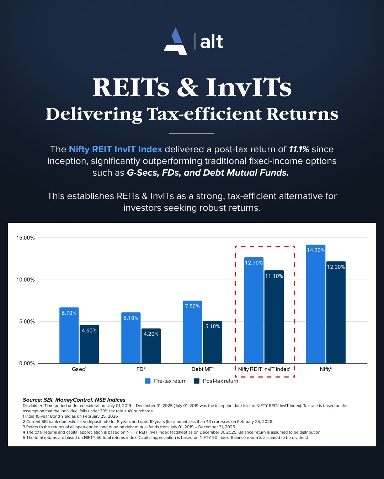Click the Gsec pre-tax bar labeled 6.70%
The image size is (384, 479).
click(x=69, y=335)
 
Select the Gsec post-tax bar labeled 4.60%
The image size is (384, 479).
click(x=89, y=344)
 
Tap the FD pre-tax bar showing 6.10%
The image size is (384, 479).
click(x=131, y=338)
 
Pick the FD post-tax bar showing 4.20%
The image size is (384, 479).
click(x=151, y=346)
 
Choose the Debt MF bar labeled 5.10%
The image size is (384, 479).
click(x=213, y=342)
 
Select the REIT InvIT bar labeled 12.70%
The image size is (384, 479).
click(x=254, y=310)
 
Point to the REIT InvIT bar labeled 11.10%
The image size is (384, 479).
click(x=274, y=317)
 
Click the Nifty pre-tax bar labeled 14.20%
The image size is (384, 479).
click(x=316, y=304)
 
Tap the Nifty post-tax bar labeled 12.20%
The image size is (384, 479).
click(x=336, y=312)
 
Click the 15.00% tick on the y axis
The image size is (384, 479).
click(x=26, y=238)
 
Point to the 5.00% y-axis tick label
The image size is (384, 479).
click(x=27, y=321)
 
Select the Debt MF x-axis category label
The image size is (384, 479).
click(x=202, y=369)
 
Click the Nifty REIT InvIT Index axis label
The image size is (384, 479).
click(x=264, y=369)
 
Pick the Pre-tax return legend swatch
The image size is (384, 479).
click(x=148, y=381)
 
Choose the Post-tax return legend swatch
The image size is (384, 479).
click(x=197, y=381)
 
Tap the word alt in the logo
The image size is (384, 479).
click(x=212, y=42)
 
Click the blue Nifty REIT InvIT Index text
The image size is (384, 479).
click(x=115, y=149)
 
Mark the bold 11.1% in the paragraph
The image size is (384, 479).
click(x=299, y=149)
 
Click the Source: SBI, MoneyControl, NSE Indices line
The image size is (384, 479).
click(x=74, y=400)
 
